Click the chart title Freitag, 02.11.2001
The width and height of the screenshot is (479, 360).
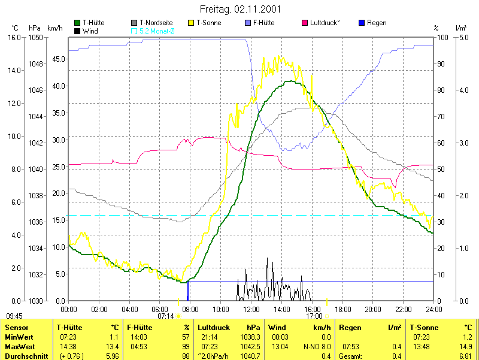click(x=239, y=10)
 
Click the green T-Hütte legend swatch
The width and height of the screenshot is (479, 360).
click(x=78, y=23)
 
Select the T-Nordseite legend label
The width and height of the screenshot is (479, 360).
click(x=156, y=23)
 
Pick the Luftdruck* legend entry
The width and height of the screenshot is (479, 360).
click(x=325, y=23)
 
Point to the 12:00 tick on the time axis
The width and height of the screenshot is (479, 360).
click(x=251, y=309)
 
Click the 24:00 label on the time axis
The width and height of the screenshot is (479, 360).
click(x=433, y=309)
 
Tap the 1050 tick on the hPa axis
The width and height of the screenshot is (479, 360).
click(x=36, y=37)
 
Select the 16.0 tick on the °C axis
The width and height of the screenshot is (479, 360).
click(x=14, y=37)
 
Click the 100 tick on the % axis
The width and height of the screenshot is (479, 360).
click(x=443, y=37)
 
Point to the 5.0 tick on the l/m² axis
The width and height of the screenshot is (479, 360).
click(x=463, y=37)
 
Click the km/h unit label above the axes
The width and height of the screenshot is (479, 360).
click(x=54, y=28)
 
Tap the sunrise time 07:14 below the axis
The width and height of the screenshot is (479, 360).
click(x=166, y=316)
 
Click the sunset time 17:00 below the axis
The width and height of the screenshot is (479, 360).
click(x=314, y=316)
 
